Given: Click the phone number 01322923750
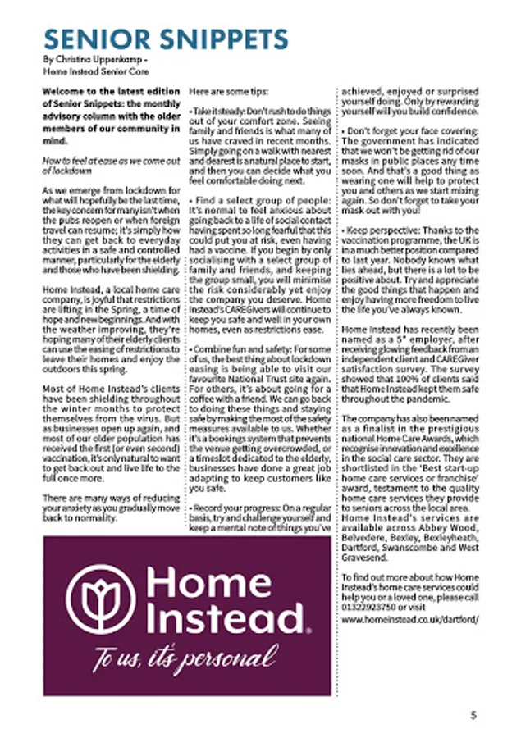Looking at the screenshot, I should pos(369,607).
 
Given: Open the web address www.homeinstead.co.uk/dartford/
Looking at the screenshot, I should pos(409,621).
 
